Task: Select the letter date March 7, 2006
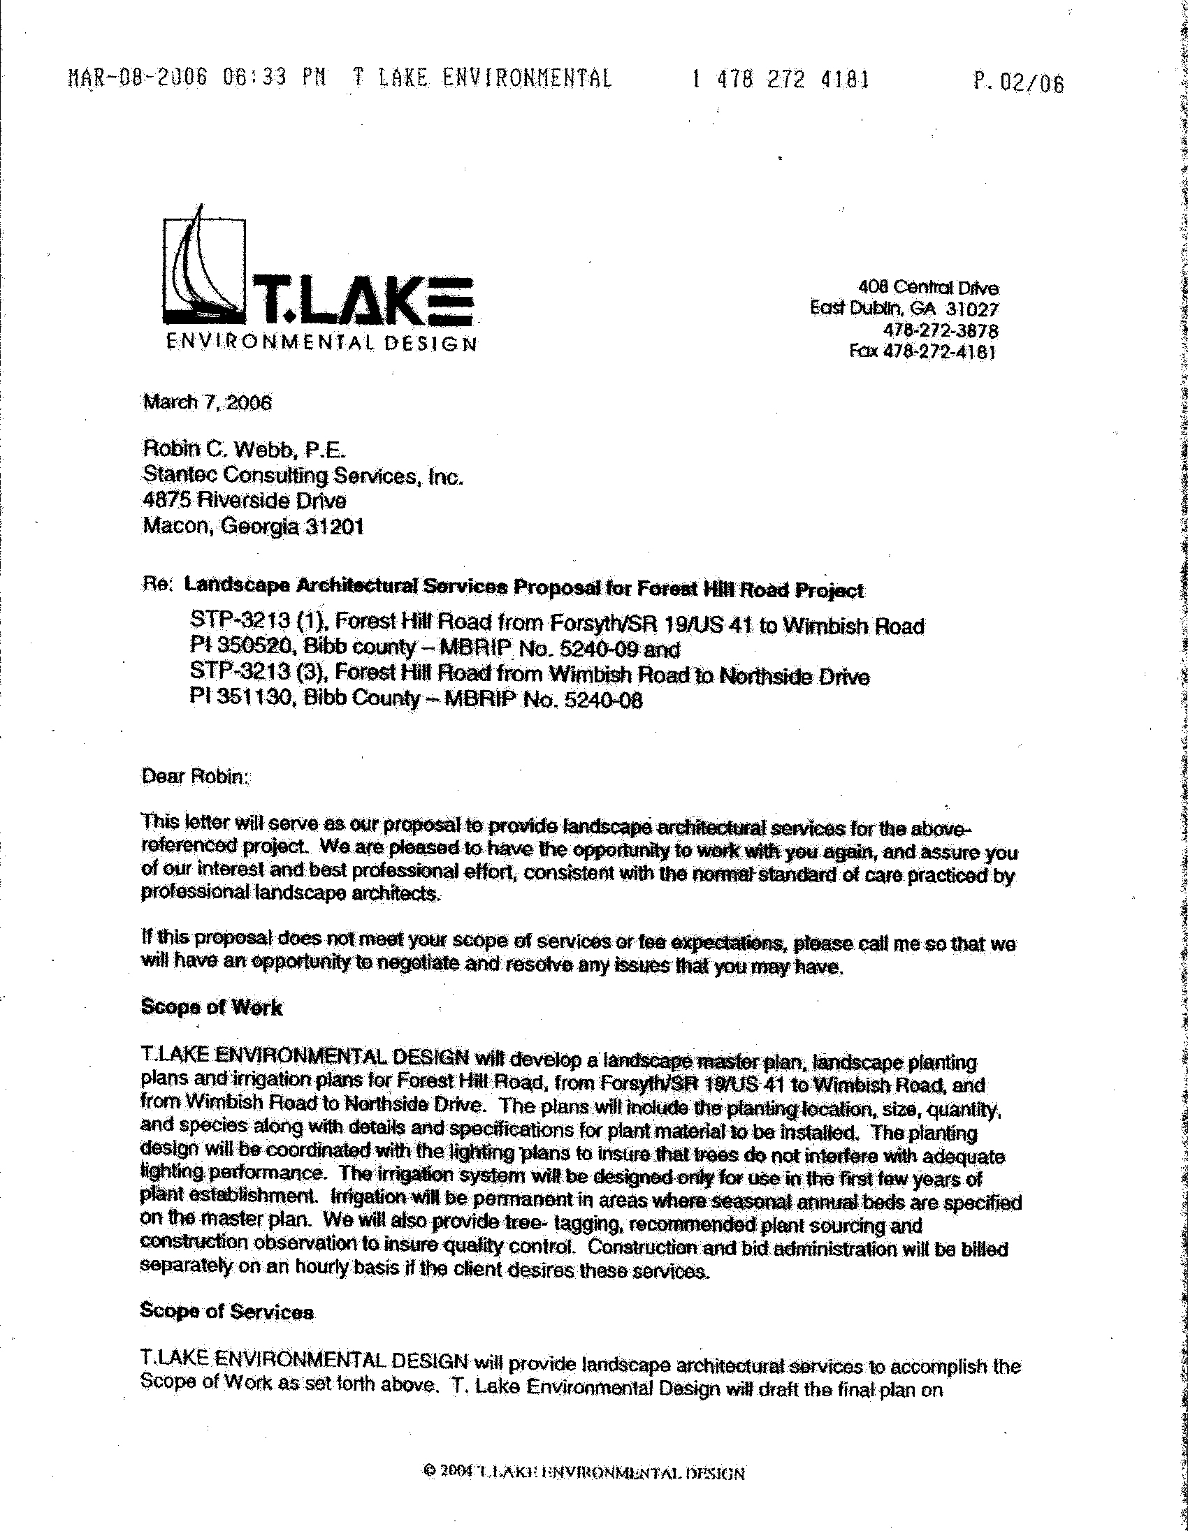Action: [207, 402]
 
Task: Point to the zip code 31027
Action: [971, 309]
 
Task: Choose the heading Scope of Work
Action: [211, 1007]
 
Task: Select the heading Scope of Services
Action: [226, 1312]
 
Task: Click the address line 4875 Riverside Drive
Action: [244, 501]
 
